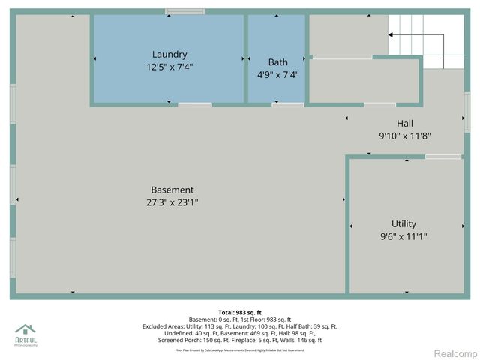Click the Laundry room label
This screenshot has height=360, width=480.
coord(169,54)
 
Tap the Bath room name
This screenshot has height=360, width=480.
coord(277,61)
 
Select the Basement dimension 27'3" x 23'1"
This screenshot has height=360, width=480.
coord(172,202)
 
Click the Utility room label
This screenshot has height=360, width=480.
coord(403,223)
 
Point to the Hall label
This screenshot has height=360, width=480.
coord(405,123)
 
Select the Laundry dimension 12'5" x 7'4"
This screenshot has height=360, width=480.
coord(169,67)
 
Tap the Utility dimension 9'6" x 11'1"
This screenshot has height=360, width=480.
coord(403,236)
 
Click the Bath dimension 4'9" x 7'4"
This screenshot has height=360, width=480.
coord(277,74)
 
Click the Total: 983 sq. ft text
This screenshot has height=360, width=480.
coord(240,312)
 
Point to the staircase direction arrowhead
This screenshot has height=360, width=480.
coord(391,34)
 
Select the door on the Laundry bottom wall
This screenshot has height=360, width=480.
coord(195,104)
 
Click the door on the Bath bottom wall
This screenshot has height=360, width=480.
coord(287,104)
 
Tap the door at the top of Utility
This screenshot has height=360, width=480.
coord(442,156)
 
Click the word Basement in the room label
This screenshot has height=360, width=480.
coord(172,190)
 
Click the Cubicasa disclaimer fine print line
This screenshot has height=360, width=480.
coord(240,349)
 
